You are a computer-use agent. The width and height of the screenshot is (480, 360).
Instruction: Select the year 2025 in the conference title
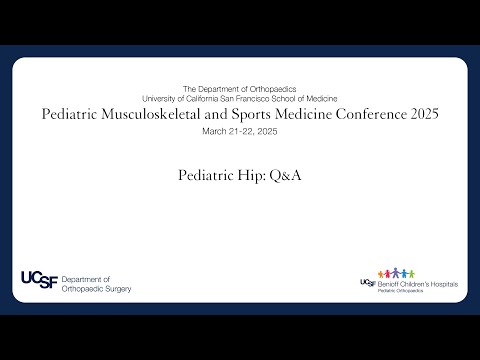[x=419, y=115]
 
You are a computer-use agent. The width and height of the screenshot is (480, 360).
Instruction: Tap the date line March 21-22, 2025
[x=240, y=131]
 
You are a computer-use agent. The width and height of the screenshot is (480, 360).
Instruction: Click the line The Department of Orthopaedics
[x=240, y=90]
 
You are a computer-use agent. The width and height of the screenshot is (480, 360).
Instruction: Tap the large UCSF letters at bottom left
[x=38, y=281]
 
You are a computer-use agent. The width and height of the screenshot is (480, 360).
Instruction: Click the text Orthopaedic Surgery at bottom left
[x=96, y=289]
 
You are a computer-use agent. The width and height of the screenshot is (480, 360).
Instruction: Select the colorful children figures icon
[x=401, y=273]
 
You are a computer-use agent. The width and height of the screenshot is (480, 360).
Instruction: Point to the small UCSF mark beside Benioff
[x=367, y=284]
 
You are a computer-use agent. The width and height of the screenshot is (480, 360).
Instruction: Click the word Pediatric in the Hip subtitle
[x=208, y=174]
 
